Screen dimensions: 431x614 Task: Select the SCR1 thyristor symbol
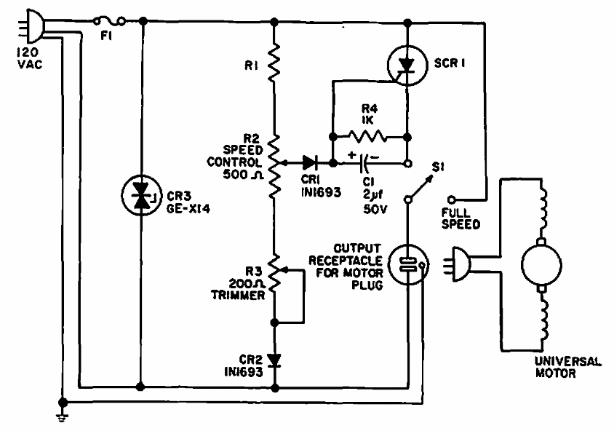(x=407, y=66)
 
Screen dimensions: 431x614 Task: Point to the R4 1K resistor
(x=370, y=135)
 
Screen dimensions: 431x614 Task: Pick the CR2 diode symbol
(x=275, y=360)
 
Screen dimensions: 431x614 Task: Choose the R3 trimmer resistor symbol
(x=275, y=273)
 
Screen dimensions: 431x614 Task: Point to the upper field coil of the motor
(x=543, y=200)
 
